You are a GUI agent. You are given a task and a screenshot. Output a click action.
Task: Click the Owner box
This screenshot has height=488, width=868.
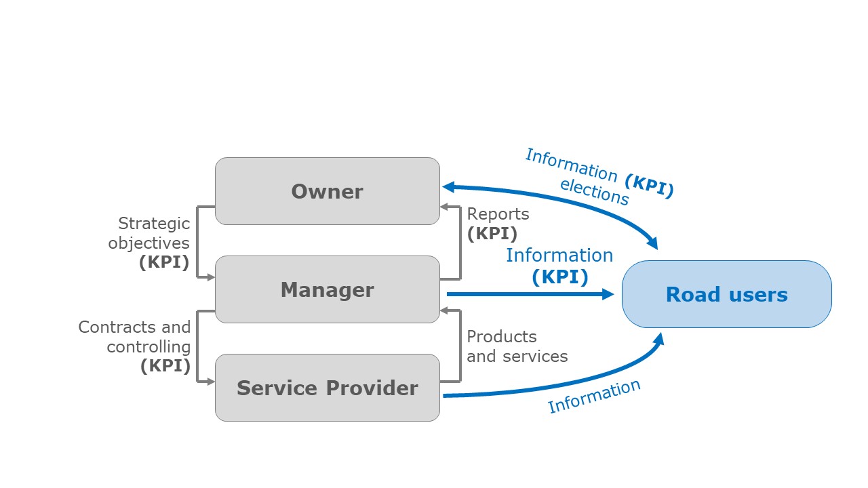[328, 191]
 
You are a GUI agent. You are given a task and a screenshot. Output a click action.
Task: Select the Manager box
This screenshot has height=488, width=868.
[328, 289]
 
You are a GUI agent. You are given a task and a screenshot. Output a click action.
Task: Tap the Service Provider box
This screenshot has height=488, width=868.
[328, 388]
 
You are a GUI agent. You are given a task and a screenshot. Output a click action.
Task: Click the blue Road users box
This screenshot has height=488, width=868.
[727, 294]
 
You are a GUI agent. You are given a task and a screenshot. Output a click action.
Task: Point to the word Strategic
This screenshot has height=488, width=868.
[154, 224]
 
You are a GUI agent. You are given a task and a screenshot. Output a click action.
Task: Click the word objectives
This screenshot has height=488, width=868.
[149, 243]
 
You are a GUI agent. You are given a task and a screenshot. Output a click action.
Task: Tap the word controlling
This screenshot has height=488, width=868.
[149, 347]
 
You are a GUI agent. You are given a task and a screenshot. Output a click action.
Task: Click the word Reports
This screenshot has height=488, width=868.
[498, 214]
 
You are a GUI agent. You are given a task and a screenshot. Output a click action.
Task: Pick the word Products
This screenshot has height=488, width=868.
[502, 337]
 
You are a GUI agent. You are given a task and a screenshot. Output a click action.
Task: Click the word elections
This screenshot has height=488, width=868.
[594, 192]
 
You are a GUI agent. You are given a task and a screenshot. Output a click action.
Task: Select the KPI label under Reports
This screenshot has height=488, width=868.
[492, 234]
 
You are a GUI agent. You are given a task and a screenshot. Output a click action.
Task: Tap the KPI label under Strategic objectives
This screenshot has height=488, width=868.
[164, 262]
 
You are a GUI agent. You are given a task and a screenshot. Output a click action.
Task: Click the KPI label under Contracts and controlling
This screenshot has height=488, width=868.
[165, 365]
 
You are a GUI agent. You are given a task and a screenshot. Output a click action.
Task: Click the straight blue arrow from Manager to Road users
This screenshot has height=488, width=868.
[530, 294]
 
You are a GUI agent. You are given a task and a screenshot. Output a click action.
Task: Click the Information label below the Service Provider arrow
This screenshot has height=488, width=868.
[594, 396]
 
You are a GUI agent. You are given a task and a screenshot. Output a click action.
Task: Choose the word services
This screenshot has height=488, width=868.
[535, 357]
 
